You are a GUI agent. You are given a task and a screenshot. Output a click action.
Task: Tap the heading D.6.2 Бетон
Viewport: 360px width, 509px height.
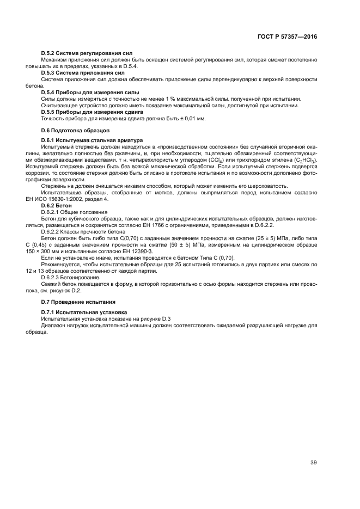57,206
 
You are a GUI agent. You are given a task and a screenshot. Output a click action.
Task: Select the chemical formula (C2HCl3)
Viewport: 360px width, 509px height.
304,160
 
